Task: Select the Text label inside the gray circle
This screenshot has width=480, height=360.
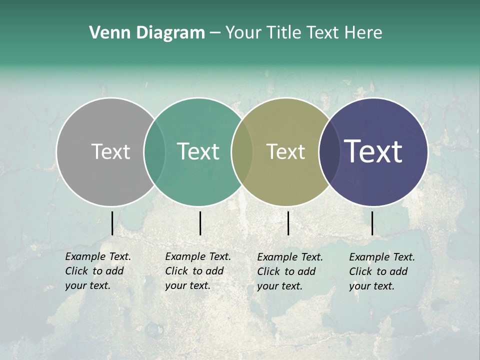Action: pyautogui.click(x=110, y=151)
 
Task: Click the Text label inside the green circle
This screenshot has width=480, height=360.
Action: pyautogui.click(x=198, y=151)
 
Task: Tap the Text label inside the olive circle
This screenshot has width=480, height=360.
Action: pyautogui.click(x=285, y=151)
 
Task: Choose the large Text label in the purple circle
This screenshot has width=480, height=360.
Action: pyautogui.click(x=373, y=151)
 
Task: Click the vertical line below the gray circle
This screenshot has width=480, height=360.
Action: pyautogui.click(x=112, y=223)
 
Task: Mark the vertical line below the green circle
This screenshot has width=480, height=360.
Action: pyautogui.click(x=200, y=223)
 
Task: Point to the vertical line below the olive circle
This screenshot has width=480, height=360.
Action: pyautogui.click(x=288, y=223)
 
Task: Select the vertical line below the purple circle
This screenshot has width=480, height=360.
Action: pyautogui.click(x=372, y=223)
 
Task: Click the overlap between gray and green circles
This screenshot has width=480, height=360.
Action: pyautogui.click(x=154, y=151)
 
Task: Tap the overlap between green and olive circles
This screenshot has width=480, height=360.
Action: pyautogui.click(x=242, y=151)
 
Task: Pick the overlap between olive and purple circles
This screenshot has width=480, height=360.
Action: pyautogui.click(x=328, y=151)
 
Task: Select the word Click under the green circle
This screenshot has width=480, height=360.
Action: pyautogui.click(x=176, y=271)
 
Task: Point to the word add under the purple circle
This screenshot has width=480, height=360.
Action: pyautogui.click(x=398, y=271)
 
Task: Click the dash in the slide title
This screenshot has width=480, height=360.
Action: pyautogui.click(x=215, y=33)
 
